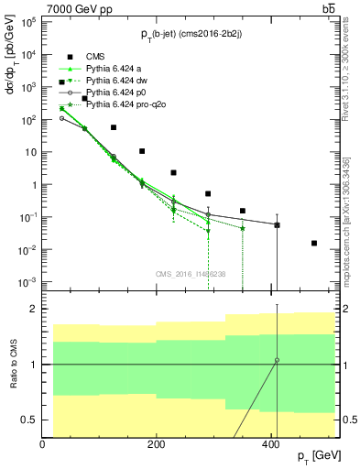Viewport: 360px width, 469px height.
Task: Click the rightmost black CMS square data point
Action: click(x=314, y=243)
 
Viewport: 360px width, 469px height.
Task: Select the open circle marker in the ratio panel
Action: click(x=277, y=360)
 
